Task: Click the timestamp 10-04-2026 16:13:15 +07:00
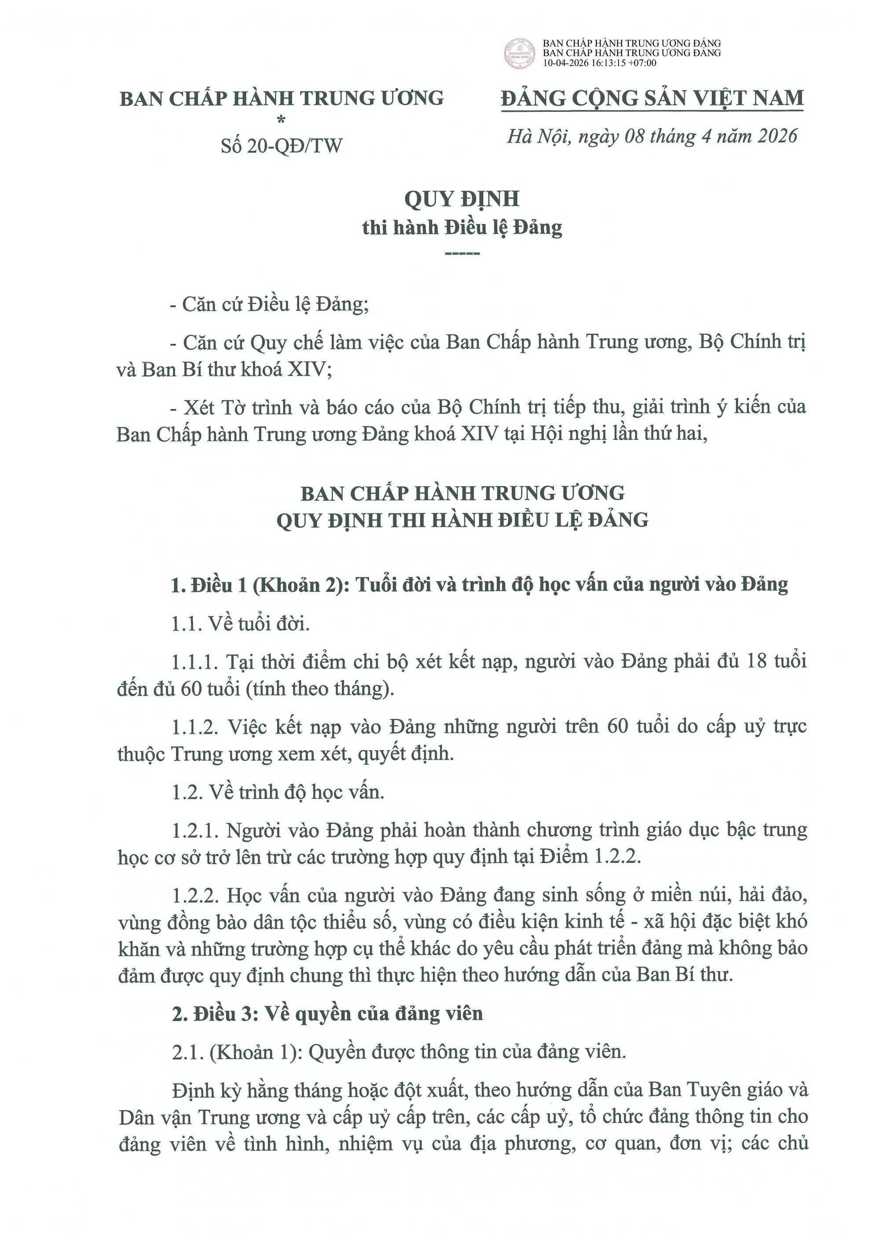(x=599, y=63)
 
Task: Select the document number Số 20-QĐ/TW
(x=282, y=146)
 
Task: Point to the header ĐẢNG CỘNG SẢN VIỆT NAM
(x=653, y=98)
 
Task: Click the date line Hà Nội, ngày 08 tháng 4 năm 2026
(x=653, y=136)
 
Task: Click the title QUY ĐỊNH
(x=462, y=199)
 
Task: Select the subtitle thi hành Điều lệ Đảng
(x=462, y=228)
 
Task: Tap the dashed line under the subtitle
(x=462, y=254)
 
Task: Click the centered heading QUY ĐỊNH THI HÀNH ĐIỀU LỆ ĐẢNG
(x=462, y=520)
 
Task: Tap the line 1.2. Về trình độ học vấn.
(x=278, y=792)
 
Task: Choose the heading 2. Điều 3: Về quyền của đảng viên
(x=327, y=1014)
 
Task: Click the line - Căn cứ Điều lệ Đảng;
(x=269, y=305)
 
